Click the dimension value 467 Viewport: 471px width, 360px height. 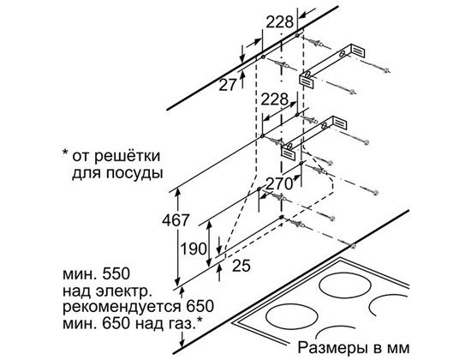(x=176, y=220)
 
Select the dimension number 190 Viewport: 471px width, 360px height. (x=194, y=249)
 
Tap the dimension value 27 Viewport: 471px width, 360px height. (x=228, y=85)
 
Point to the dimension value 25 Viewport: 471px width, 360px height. (x=241, y=265)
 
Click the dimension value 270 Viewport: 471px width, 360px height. (x=279, y=183)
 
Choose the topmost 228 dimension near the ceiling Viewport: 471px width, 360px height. (x=280, y=22)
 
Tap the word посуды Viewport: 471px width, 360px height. (x=134, y=173)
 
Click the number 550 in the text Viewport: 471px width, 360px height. (x=116, y=274)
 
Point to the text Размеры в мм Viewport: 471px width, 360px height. (x=354, y=348)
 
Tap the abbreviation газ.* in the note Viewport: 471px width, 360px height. (x=184, y=323)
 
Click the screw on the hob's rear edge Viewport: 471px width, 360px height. (x=354, y=247)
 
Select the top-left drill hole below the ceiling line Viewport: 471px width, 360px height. (x=263, y=57)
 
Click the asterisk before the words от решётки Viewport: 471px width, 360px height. (x=65, y=153)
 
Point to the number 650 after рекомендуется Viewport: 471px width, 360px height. (x=200, y=307)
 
